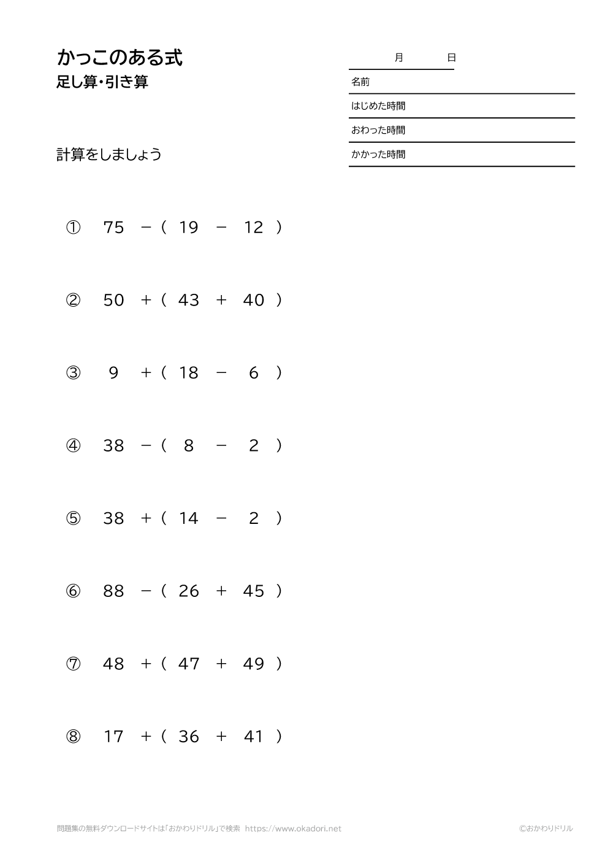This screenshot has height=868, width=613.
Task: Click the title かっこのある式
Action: pyautogui.click(x=120, y=58)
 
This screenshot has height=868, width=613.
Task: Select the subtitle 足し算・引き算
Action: pyautogui.click(x=102, y=82)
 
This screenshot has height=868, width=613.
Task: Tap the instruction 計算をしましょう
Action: pyautogui.click(x=109, y=155)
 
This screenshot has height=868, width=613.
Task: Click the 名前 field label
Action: pyautogui.click(x=360, y=82)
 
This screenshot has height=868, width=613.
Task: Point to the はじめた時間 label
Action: pyautogui.click(x=378, y=106)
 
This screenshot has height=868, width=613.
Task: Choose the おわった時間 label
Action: pyautogui.click(x=378, y=130)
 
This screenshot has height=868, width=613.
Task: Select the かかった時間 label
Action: pyautogui.click(x=378, y=155)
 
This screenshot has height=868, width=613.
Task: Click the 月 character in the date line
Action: pyautogui.click(x=399, y=58)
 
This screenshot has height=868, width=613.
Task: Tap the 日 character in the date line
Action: pyautogui.click(x=451, y=58)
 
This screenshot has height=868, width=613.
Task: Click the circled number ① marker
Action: pyautogui.click(x=73, y=228)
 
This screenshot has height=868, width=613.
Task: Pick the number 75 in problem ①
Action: pyautogui.click(x=114, y=228)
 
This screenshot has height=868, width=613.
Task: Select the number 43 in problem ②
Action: pyautogui.click(x=189, y=300)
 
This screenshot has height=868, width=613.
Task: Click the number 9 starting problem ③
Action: pyautogui.click(x=113, y=373)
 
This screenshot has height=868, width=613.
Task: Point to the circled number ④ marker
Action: pyautogui.click(x=73, y=445)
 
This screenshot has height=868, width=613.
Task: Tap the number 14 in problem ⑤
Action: pyautogui.click(x=189, y=518)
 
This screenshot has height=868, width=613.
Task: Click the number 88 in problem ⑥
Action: pyautogui.click(x=114, y=591)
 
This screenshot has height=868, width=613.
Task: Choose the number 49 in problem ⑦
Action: pyautogui.click(x=254, y=664)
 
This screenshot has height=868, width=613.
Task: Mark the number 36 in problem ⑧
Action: pyautogui.click(x=189, y=736)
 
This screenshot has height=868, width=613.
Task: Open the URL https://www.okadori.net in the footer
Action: pyautogui.click(x=293, y=829)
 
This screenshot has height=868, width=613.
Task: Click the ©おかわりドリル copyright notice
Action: pyautogui.click(x=546, y=829)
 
